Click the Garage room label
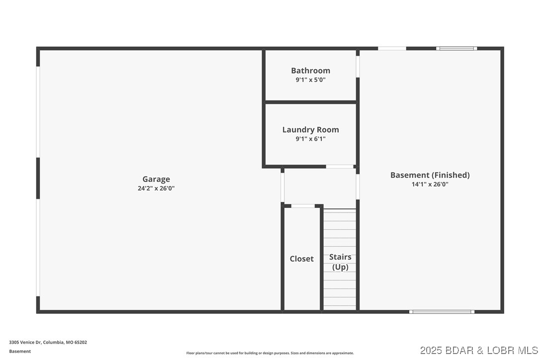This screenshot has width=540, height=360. coord(156,179)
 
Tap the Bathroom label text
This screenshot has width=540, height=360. coord(310,71)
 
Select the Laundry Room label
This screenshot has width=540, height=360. coord(310,130)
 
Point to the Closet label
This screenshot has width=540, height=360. coord(302,259)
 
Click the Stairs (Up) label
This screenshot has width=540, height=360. coord(340,262)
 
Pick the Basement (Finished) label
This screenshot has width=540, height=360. coord(430,175)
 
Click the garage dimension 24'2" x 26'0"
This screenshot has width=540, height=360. coord(156,188)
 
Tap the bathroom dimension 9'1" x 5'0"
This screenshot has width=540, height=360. coord(310,80)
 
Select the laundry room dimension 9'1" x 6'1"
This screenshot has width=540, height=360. coord(310,139)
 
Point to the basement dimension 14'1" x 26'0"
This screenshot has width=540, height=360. coord(430,184)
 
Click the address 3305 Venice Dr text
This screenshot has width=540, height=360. coord(48,342)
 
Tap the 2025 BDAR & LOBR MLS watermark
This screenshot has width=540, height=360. coord(478,350)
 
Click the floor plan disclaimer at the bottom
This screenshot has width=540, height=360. coord(270,353)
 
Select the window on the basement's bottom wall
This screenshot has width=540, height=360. coord(442,312)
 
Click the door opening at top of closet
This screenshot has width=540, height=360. coord(303,206)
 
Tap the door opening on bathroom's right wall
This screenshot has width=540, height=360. coord(358,66)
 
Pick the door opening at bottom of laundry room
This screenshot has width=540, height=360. coord(340,167)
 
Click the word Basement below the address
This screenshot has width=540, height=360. coord(20,351)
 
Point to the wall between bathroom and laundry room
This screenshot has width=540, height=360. coord(310,102)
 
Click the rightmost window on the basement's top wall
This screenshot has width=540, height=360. coord(456,48)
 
